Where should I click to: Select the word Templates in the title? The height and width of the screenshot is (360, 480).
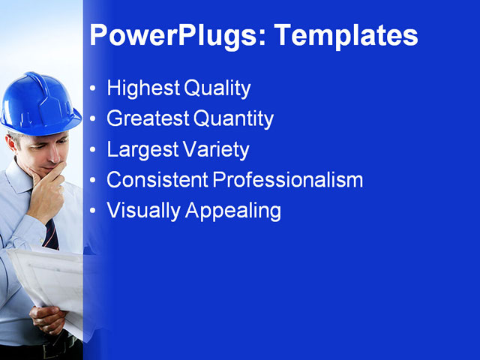[344, 35]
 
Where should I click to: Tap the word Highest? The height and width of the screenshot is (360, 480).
[143, 88]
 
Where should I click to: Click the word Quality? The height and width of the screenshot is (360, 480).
[217, 88]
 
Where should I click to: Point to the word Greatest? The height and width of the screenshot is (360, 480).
[148, 118]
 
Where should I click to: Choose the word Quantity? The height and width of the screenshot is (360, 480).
[233, 118]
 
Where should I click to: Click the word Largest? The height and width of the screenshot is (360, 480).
[140, 149]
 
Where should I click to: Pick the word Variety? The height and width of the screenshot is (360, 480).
[214, 149]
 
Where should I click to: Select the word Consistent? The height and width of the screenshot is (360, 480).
[157, 180]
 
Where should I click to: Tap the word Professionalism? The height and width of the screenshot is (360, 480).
[288, 180]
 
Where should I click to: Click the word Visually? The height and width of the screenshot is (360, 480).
[143, 211]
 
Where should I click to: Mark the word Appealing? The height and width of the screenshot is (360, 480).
[232, 211]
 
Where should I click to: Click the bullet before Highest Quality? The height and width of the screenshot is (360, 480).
[93, 89]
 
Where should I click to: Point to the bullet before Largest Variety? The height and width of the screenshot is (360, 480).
[93, 150]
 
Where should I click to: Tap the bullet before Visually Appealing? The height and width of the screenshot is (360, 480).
[93, 211]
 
